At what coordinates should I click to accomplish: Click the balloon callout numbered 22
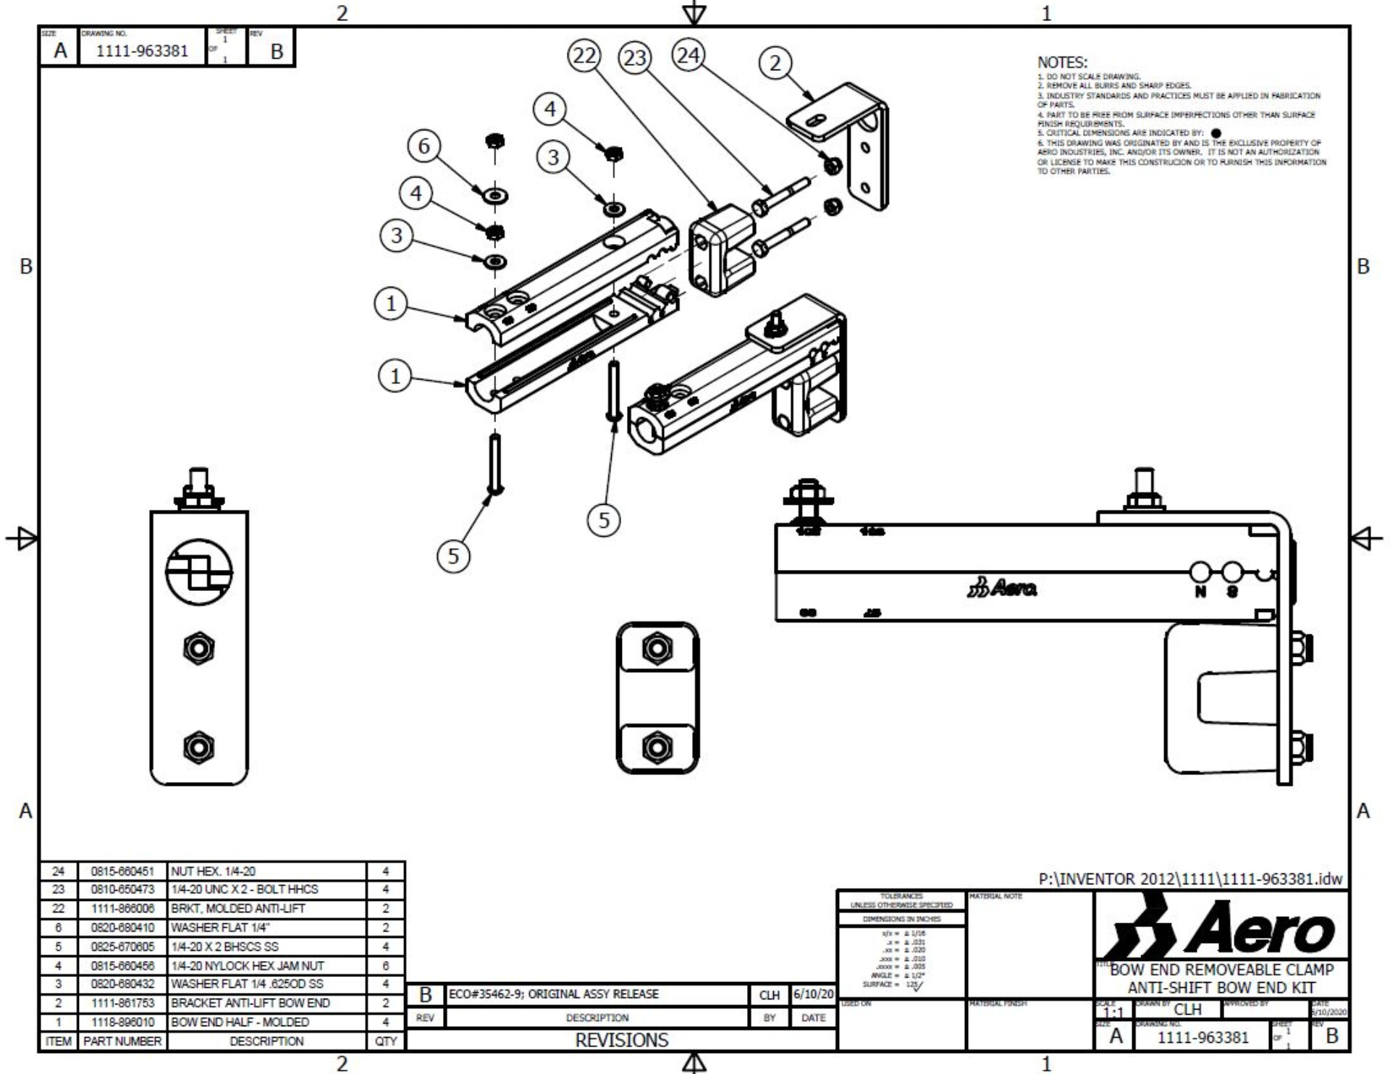pyautogui.click(x=584, y=56)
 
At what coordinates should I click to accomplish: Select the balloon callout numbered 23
pyautogui.click(x=635, y=57)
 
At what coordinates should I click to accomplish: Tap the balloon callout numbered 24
pyautogui.click(x=688, y=55)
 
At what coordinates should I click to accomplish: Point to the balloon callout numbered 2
pyautogui.click(x=775, y=63)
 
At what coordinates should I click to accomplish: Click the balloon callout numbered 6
pyautogui.click(x=424, y=146)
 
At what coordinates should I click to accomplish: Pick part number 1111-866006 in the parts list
pyautogui.click(x=122, y=908)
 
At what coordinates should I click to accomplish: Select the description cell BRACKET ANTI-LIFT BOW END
pyautogui.click(x=250, y=1003)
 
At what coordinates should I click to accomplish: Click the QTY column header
pyautogui.click(x=386, y=1041)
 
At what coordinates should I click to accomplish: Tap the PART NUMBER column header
pyautogui.click(x=122, y=1041)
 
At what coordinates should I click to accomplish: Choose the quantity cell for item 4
pyautogui.click(x=386, y=965)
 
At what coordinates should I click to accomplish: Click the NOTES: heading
pyautogui.click(x=1062, y=63)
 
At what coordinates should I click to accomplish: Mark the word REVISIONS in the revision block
pyautogui.click(x=621, y=1040)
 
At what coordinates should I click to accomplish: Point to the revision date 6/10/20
pyautogui.click(x=813, y=994)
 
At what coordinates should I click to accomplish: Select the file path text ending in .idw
pyautogui.click(x=1190, y=879)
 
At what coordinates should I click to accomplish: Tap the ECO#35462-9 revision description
pyautogui.click(x=553, y=994)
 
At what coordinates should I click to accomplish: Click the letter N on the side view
pyautogui.click(x=1200, y=592)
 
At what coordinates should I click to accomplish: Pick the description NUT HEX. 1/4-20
pyautogui.click(x=213, y=871)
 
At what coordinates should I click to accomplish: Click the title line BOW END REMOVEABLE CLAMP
pyautogui.click(x=1222, y=970)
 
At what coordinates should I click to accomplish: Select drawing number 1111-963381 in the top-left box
pyautogui.click(x=142, y=51)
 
